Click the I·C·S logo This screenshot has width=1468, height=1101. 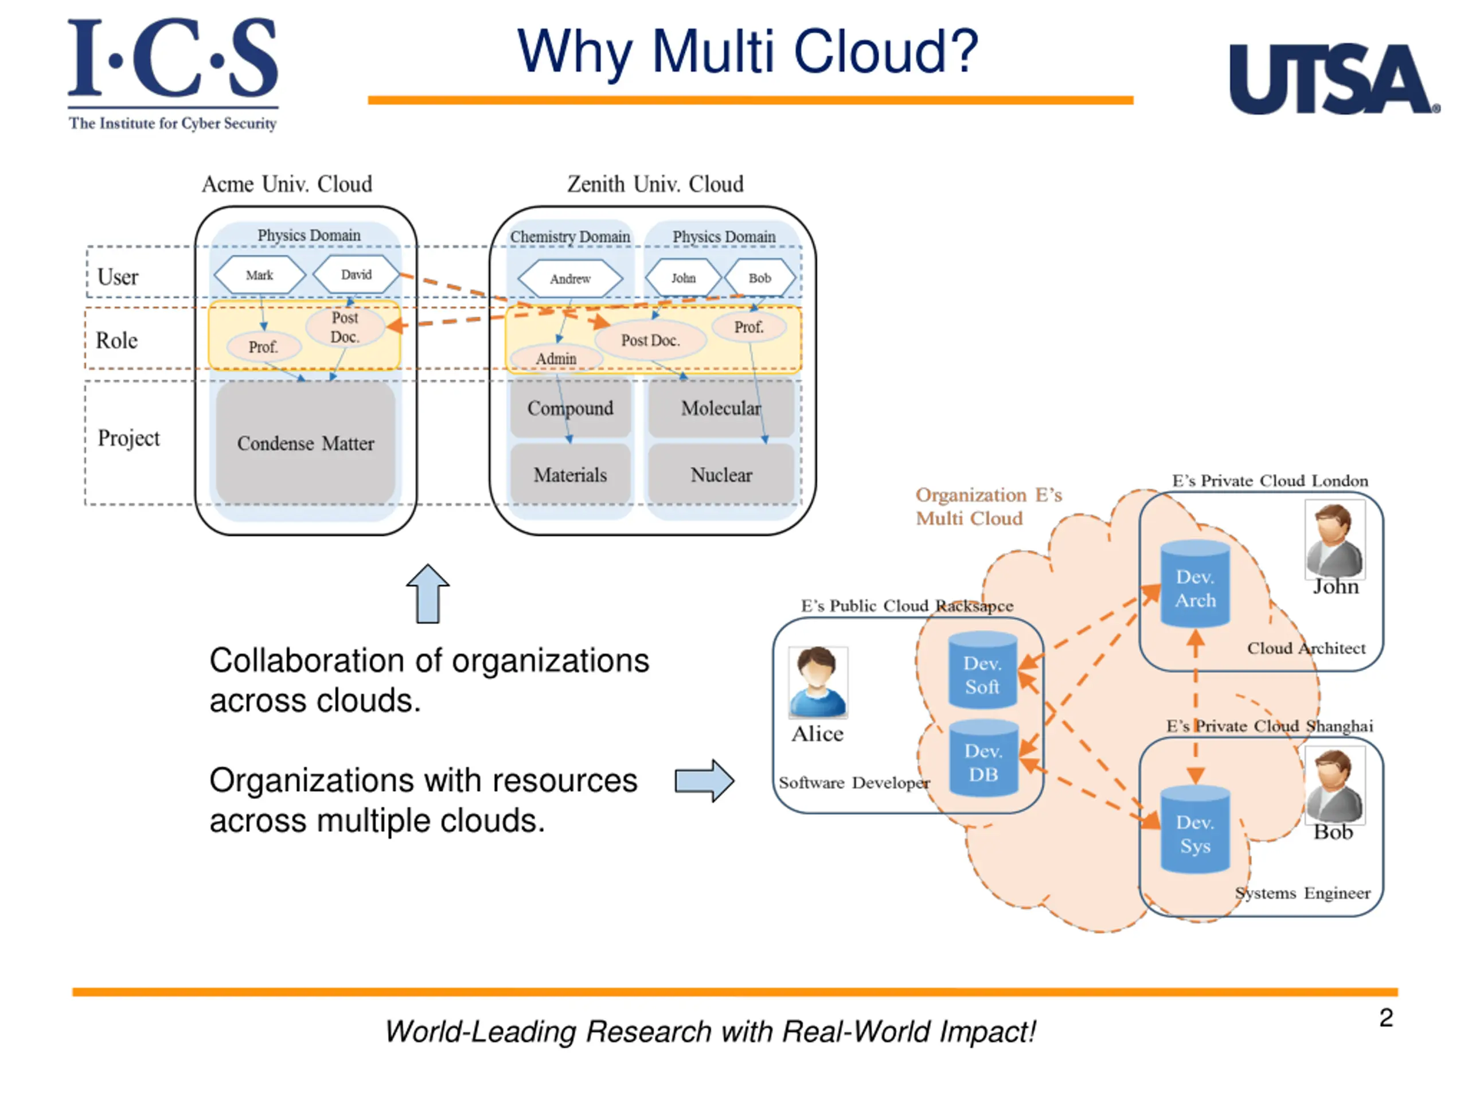click(x=173, y=73)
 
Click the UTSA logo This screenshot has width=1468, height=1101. click(x=1333, y=80)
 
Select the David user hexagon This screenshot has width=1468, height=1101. click(x=356, y=274)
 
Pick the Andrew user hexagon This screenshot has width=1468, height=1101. click(x=570, y=279)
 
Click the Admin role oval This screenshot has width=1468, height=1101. click(x=556, y=358)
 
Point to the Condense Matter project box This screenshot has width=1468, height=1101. click(x=305, y=443)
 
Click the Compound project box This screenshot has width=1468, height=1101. click(x=570, y=408)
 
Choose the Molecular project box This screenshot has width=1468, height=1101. click(x=721, y=408)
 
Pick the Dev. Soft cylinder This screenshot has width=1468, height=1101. click(x=982, y=671)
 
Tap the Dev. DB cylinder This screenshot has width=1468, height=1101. click(x=983, y=760)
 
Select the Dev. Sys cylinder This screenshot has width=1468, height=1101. click(x=1194, y=831)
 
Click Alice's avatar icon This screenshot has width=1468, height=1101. click(x=818, y=682)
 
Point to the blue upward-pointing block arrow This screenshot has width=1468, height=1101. click(x=427, y=594)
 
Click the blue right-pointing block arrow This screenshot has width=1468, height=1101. click(x=704, y=780)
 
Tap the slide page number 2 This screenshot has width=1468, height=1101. click(x=1385, y=1018)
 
